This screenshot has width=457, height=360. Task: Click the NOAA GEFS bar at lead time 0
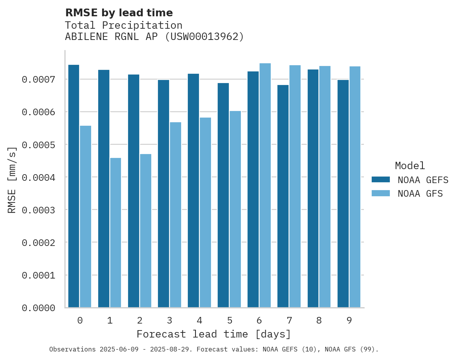74,186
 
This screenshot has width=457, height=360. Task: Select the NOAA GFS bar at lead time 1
116,233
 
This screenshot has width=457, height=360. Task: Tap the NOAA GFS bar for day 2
145,231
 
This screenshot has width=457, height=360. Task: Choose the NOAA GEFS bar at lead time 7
283,196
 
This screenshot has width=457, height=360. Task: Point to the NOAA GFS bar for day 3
175,215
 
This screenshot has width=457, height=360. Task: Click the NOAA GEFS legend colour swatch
381,180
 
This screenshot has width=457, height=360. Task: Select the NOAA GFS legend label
420,194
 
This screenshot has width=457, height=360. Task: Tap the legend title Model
410,166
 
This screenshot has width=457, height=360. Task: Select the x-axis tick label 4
199,320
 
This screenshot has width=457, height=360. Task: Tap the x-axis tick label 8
319,320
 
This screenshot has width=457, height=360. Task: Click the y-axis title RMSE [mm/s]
12,180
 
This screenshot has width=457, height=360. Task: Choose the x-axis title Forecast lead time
214,334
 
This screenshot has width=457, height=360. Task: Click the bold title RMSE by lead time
119,13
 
